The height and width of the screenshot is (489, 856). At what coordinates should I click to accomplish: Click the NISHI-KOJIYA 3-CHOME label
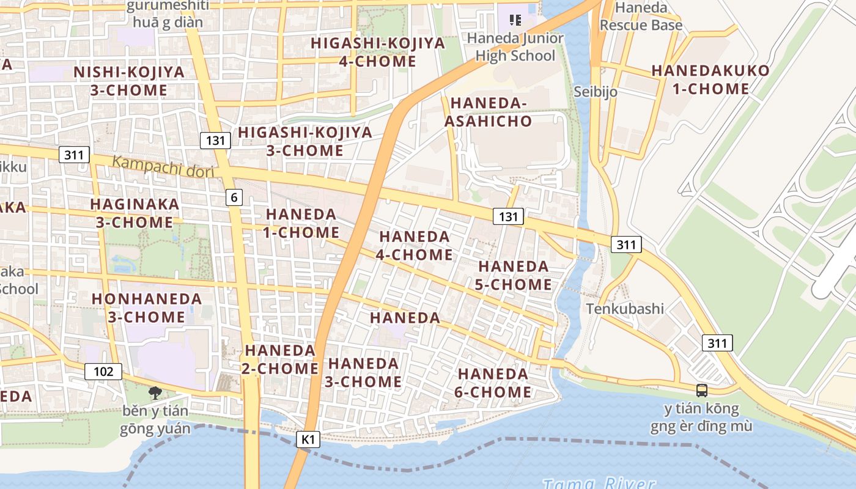pyautogui.click(x=128, y=81)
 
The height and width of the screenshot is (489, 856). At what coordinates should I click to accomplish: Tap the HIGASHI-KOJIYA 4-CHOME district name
pyautogui.click(x=377, y=53)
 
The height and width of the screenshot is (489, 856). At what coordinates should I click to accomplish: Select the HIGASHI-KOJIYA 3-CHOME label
pyautogui.click(x=304, y=141)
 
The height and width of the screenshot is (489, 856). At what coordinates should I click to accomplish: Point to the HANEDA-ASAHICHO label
pyautogui.click(x=488, y=112)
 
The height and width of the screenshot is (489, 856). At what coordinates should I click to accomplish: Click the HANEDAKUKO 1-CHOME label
pyautogui.click(x=710, y=79)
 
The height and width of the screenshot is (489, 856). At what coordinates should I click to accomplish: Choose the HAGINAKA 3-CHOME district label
pyautogui.click(x=135, y=213)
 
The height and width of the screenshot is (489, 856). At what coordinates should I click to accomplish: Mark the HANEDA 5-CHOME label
pyautogui.click(x=513, y=276)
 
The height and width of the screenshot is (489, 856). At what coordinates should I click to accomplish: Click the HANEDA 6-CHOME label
pyautogui.click(x=493, y=383)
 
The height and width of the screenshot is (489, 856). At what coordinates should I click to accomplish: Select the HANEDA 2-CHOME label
pyautogui.click(x=281, y=359)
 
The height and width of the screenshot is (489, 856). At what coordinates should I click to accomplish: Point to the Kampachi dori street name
pyautogui.click(x=163, y=166)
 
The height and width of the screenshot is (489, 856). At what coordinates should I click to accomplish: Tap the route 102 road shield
pyautogui.click(x=103, y=371)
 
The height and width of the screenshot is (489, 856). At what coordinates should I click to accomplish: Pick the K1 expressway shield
pyautogui.click(x=309, y=439)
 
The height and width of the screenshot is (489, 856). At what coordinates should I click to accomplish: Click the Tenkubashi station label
pyautogui.click(x=625, y=309)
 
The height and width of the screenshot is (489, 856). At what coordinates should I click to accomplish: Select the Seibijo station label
pyautogui.click(x=596, y=92)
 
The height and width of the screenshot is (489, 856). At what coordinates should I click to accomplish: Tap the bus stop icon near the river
pyautogui.click(x=702, y=390)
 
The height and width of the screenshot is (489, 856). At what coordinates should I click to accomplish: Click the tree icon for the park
pyautogui.click(x=155, y=392)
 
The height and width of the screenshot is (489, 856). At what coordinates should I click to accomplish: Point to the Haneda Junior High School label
pyautogui.click(x=515, y=47)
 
